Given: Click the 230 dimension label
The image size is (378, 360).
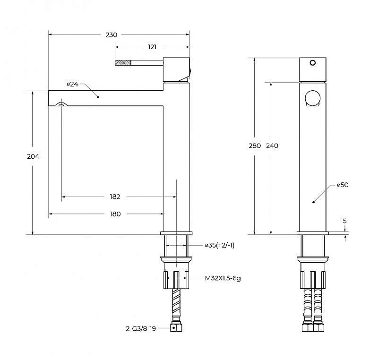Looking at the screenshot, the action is (112, 35).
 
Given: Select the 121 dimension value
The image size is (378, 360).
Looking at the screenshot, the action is (152, 47).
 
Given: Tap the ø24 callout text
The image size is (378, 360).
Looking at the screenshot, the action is (73, 84).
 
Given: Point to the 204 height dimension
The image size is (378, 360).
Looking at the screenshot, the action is (33, 156).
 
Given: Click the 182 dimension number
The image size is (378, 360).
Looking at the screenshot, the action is (115, 197).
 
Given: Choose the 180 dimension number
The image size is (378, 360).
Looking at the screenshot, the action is (115, 214).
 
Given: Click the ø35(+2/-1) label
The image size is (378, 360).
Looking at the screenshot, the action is (220, 245).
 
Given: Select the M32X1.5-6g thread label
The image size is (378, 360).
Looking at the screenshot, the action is (223, 278).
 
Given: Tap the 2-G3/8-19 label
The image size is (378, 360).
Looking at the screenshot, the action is (141, 328).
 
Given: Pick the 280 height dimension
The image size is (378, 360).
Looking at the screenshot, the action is (255, 146).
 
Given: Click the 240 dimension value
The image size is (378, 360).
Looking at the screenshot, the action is (272, 146).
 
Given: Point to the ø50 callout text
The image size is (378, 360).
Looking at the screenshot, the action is (343, 185).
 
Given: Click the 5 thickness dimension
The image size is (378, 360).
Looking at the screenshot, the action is (345, 221).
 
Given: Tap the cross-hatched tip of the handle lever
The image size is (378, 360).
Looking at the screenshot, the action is (123, 63).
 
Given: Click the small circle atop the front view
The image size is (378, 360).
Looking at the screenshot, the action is (313, 63).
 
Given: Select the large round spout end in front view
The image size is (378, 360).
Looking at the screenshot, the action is (313, 98).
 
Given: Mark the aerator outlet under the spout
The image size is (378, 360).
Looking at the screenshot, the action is (61, 104).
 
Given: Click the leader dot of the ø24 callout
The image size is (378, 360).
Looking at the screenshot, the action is (98, 97).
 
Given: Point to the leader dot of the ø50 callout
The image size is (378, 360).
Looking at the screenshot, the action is (313, 202).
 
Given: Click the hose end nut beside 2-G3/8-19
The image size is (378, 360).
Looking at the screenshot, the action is (176, 328).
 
